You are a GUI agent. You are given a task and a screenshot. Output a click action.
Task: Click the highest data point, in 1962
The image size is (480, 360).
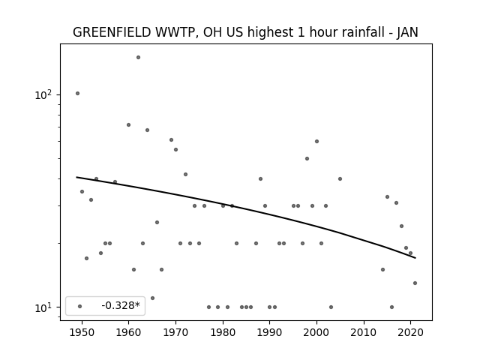138,57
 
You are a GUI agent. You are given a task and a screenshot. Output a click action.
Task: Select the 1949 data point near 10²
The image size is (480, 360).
78,93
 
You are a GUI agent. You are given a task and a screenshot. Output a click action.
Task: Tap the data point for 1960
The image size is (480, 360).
128,125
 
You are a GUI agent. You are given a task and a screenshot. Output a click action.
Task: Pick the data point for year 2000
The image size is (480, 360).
316,142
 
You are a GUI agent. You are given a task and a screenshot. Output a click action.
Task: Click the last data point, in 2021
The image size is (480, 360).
415,283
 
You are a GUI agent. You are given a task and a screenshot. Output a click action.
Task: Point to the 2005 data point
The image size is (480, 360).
340,178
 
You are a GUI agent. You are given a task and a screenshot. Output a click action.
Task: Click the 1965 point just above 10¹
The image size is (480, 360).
152,298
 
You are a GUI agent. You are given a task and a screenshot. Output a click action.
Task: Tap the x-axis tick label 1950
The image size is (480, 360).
82,332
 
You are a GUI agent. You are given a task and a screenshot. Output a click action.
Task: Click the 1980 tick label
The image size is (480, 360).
223,332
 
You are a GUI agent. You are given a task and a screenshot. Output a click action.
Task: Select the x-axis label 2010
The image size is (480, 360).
364,332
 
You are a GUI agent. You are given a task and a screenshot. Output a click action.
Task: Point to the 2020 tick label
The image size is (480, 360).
410,332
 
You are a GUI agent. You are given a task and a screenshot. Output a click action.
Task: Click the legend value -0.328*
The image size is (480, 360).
121,305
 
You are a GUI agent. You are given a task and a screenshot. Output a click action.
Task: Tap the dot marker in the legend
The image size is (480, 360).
80,306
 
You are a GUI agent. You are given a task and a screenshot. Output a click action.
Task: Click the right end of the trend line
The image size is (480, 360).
415,258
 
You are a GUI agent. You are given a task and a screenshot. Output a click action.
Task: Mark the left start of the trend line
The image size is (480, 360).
76,177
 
